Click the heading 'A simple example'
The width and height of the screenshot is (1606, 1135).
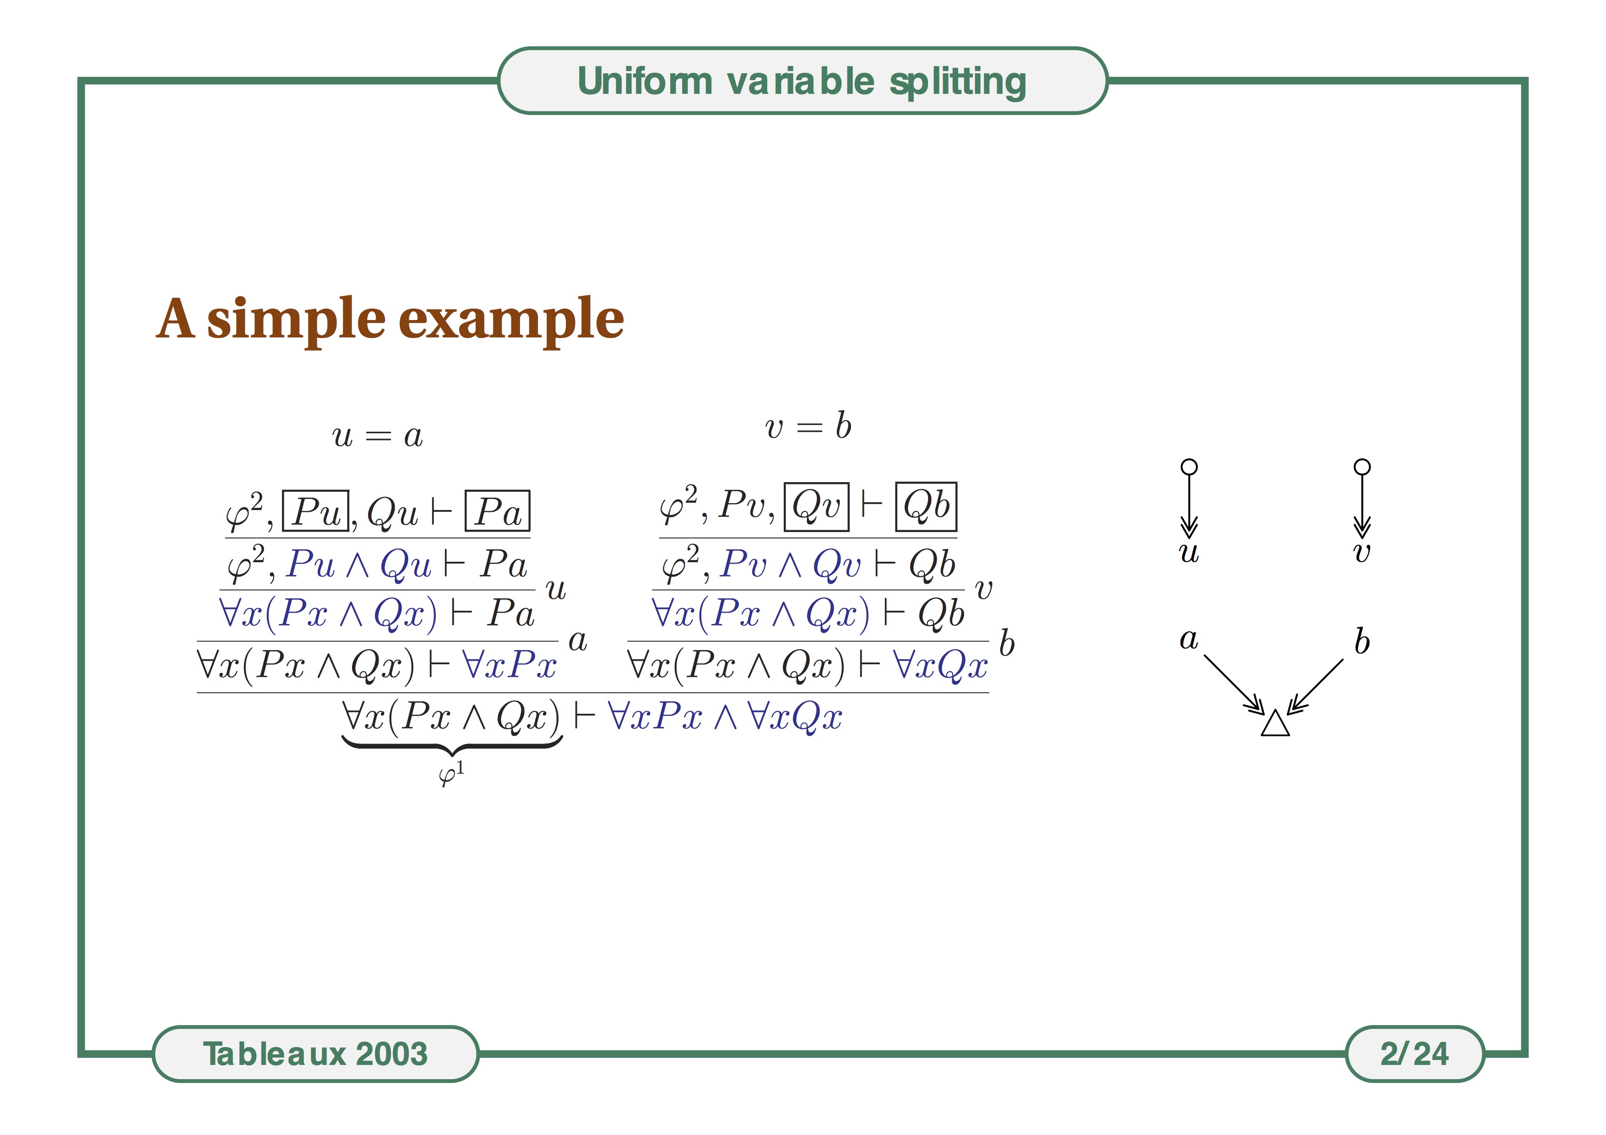[390, 320]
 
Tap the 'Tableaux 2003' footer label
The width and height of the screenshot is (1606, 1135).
[315, 1054]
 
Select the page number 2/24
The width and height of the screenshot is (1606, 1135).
[1414, 1054]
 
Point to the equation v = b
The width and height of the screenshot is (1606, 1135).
[808, 426]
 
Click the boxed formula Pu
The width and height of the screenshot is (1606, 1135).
[315, 511]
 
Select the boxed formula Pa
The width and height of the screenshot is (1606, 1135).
[497, 511]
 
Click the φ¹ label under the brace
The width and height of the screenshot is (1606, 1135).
[451, 775]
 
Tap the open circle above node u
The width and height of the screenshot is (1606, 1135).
[1189, 467]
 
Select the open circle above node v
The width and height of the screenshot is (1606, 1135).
[1362, 467]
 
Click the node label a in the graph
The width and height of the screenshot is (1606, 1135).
[1189, 639]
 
